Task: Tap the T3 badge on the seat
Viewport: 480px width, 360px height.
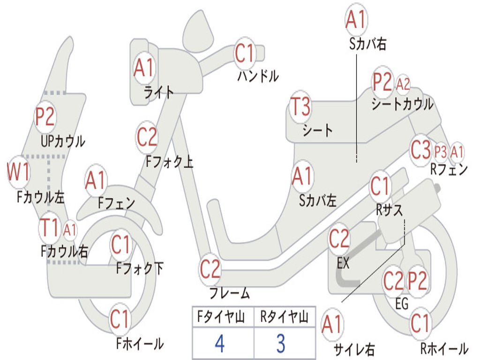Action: pyautogui.click(x=300, y=107)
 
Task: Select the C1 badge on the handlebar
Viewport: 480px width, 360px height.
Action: pyautogui.click(x=244, y=53)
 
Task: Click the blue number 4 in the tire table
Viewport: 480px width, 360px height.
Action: pyautogui.click(x=220, y=344)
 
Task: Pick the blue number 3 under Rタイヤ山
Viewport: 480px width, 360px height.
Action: pyautogui.click(x=281, y=344)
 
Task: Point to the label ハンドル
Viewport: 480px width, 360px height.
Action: pyautogui.click(x=258, y=76)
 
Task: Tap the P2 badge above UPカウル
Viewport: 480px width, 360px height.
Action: pyautogui.click(x=45, y=117)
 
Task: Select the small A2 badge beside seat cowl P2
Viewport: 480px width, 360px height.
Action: pyautogui.click(x=403, y=84)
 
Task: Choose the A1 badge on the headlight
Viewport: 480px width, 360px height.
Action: pyautogui.click(x=143, y=68)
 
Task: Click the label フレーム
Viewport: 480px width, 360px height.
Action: pyautogui.click(x=230, y=293)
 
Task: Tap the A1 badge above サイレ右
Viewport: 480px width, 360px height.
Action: pyautogui.click(x=332, y=325)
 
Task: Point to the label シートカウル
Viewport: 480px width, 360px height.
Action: pyautogui.click(x=402, y=104)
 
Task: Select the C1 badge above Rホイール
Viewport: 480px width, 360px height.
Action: pyautogui.click(x=420, y=323)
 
